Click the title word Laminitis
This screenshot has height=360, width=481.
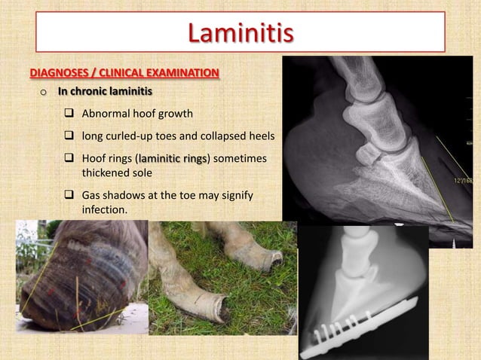(x=240, y=33)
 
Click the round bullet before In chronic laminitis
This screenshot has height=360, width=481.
(x=44, y=93)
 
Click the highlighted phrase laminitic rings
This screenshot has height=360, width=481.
(x=173, y=160)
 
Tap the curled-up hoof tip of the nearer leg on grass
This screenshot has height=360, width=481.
(x=222, y=309)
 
